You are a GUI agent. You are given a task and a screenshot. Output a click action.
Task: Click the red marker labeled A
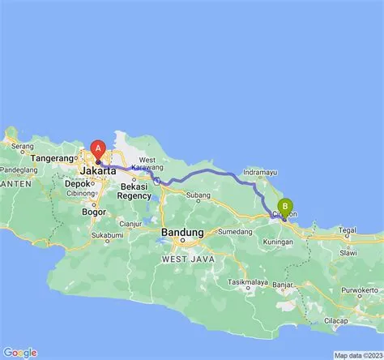[98, 150]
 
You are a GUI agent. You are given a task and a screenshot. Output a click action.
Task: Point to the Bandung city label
[182, 232]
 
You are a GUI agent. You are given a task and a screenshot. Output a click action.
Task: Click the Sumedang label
[234, 231]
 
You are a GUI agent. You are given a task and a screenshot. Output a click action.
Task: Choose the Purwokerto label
[361, 289]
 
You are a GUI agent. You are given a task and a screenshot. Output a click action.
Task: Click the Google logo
[19, 352]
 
